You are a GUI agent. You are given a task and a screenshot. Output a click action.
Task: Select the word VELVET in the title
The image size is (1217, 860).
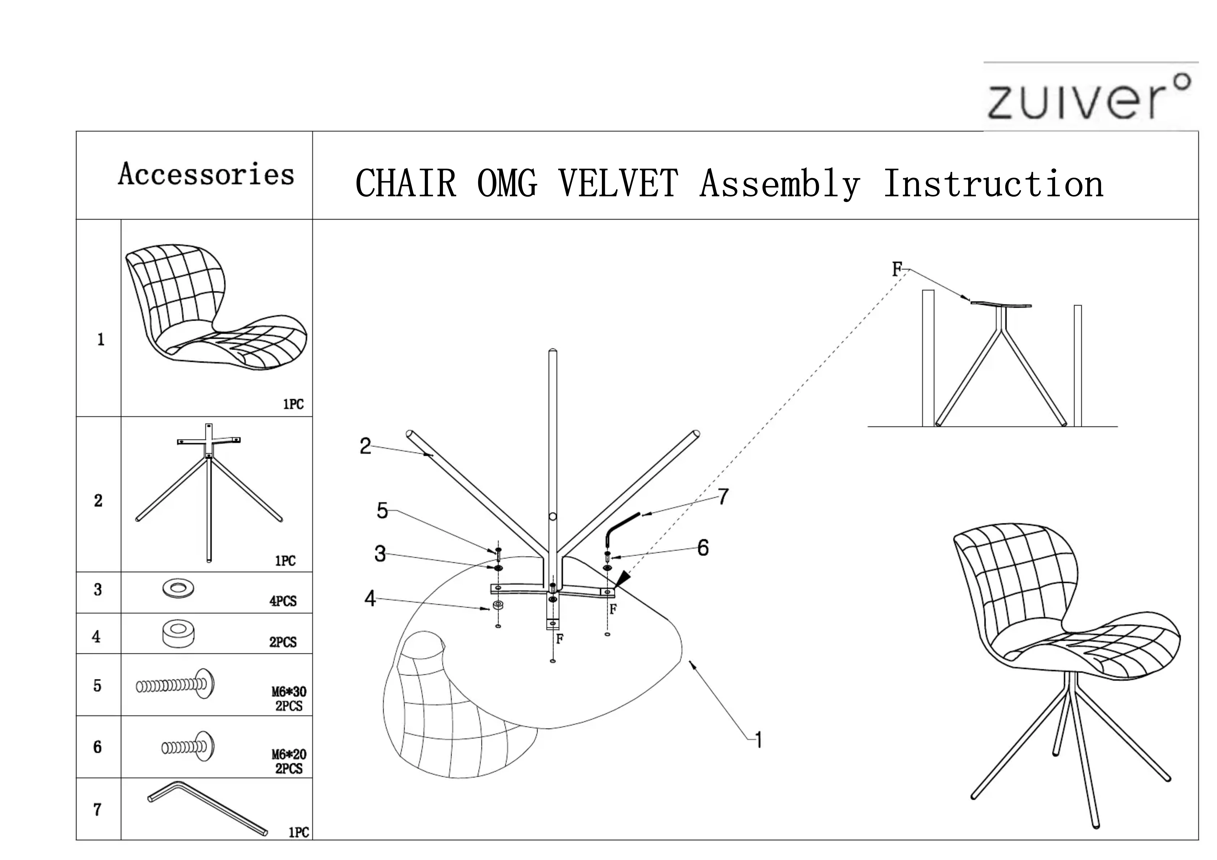point(617,184)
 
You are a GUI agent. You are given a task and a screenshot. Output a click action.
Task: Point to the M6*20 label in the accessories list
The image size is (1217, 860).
point(289,753)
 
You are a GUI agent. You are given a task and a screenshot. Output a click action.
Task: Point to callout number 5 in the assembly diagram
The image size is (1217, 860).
point(382,511)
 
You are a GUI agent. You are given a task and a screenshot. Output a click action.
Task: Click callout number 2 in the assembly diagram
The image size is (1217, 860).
point(365,446)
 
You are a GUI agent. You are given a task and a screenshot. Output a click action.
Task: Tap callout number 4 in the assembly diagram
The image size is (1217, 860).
point(370,599)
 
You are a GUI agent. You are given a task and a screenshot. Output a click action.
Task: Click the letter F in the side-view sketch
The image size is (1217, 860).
point(896,269)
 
